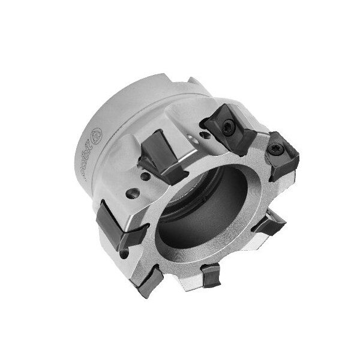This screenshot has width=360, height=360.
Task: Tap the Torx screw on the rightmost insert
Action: (277, 152)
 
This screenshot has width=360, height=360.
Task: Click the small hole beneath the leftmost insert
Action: (124, 254)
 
